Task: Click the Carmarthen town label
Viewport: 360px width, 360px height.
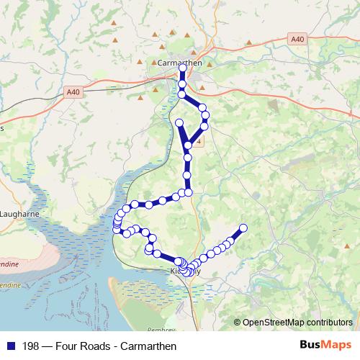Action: (x=180, y=63)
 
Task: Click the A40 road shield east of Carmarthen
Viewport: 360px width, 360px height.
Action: (x=296, y=39)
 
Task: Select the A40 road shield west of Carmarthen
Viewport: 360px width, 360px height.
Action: (x=73, y=91)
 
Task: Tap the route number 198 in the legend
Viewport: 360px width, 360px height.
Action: (x=31, y=346)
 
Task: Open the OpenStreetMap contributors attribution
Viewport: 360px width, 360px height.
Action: (x=297, y=322)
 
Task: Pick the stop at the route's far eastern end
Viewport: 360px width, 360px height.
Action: (x=243, y=228)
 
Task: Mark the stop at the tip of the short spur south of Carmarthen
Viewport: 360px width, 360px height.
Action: (x=179, y=122)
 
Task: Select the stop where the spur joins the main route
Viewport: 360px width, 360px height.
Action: (x=188, y=145)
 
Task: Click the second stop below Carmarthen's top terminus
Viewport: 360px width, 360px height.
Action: (x=182, y=94)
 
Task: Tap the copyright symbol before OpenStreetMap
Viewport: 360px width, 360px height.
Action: (x=237, y=322)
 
